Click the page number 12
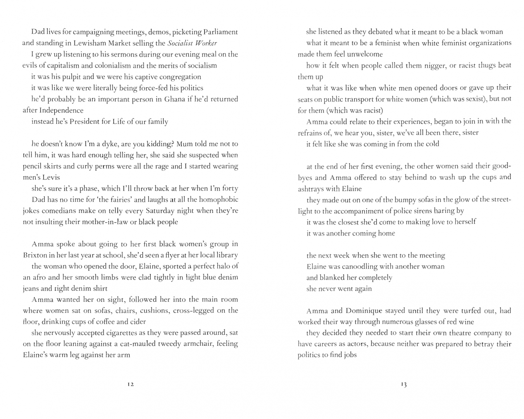[x=130, y=384]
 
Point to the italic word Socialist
[x=181, y=43]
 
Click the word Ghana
[x=175, y=99]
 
